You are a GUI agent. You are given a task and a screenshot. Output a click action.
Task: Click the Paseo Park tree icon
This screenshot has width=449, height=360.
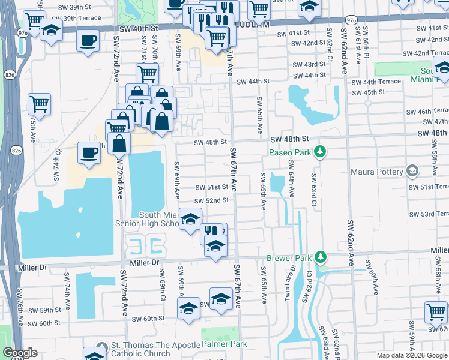(x=321, y=152)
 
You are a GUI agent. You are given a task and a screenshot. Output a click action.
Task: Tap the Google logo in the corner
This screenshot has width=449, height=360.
(x=20, y=353)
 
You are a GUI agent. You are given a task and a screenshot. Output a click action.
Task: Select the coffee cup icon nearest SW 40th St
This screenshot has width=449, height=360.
(x=88, y=41)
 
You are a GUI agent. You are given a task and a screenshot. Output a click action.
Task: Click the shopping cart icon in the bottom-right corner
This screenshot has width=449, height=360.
(x=436, y=311)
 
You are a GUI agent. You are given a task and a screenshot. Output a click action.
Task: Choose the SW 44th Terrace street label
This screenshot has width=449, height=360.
(x=376, y=82)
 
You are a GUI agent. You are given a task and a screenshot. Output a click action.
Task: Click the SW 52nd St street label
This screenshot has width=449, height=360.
(x=211, y=200)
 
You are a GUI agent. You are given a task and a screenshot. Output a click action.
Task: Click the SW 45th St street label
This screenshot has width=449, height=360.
(x=369, y=92)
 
